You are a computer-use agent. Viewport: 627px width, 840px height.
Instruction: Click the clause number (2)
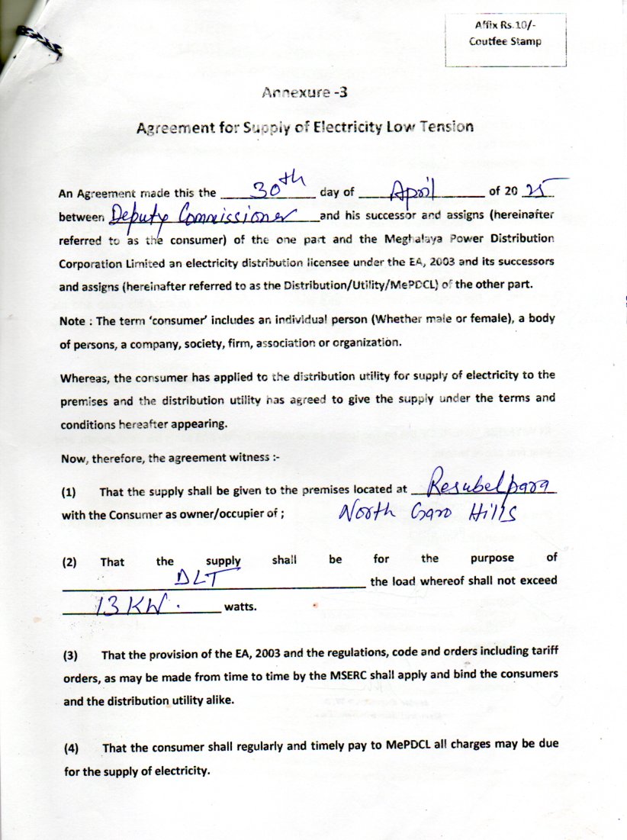tap(70, 562)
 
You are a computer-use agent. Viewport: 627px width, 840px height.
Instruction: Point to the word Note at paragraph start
tap(72, 322)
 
